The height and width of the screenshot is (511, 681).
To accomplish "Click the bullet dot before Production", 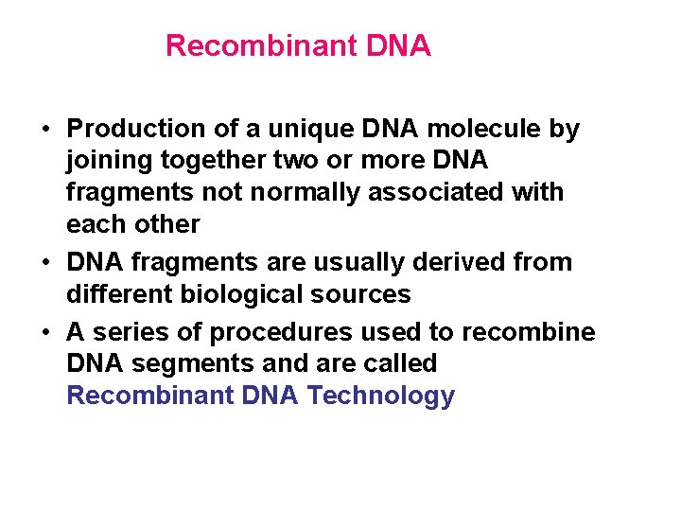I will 46,130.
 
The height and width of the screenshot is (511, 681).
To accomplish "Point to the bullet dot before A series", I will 46,332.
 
